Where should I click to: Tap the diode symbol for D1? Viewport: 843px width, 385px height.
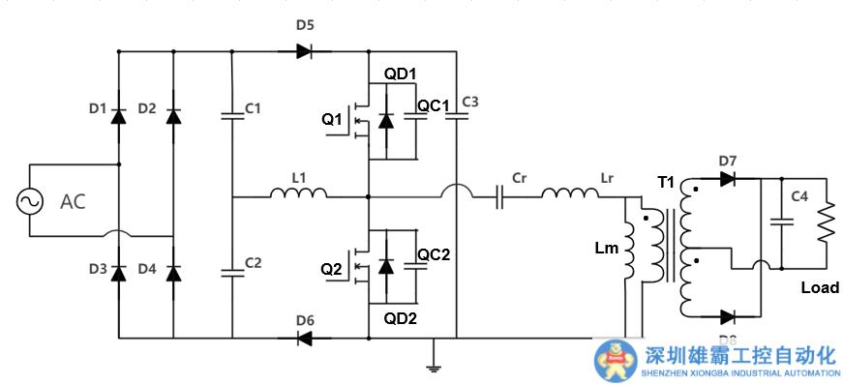point(118,116)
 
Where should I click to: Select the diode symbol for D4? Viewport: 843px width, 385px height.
point(173,273)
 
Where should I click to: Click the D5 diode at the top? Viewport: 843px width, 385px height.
point(304,50)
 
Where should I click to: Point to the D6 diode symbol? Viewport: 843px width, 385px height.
point(304,338)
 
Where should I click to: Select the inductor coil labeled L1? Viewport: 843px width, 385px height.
point(298,194)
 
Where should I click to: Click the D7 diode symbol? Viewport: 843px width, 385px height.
point(729,178)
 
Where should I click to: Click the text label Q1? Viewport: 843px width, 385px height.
point(332,120)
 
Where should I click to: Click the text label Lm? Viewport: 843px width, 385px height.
point(607,249)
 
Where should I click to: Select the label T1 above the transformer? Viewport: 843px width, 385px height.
point(667,182)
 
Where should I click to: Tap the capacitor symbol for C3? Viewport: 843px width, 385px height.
point(457,115)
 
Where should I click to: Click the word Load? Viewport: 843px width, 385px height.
point(819,287)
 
